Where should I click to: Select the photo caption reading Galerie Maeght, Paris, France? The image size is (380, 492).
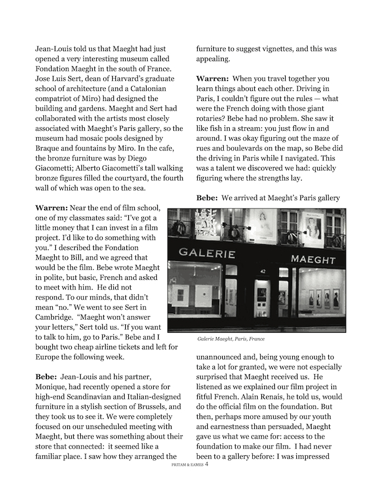pos(231,339)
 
